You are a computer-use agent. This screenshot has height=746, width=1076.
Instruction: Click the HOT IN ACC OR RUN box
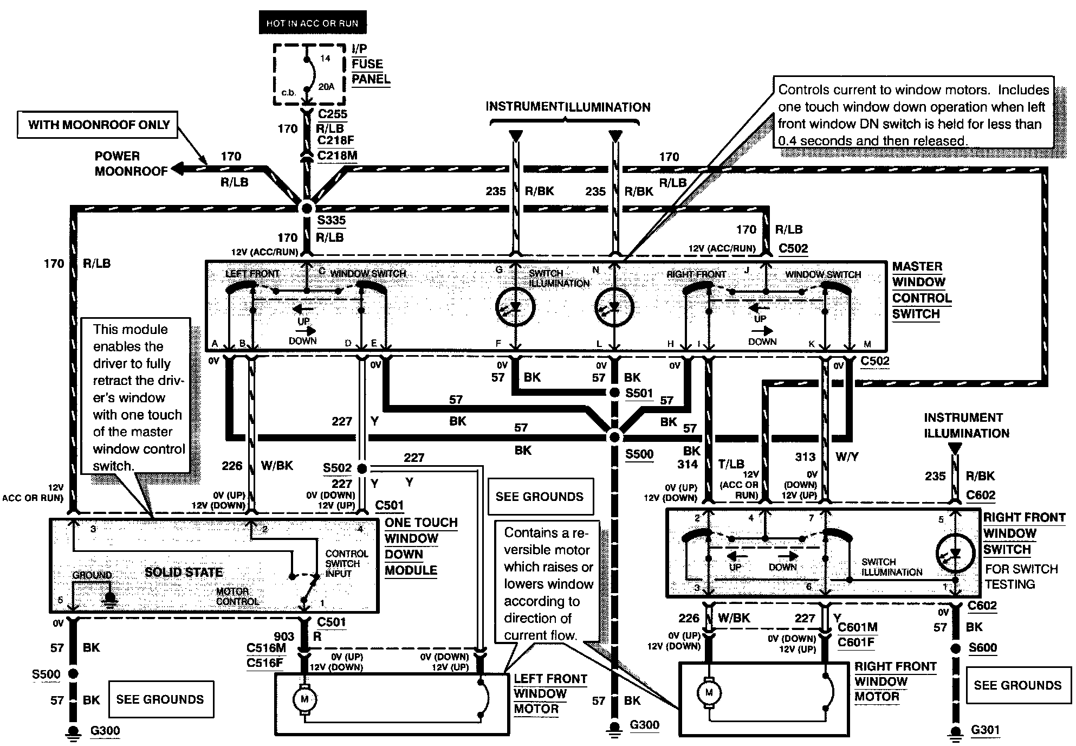click(x=312, y=23)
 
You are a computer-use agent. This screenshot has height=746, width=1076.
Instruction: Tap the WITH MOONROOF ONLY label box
click(x=99, y=125)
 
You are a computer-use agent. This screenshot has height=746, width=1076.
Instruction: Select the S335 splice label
click(x=331, y=220)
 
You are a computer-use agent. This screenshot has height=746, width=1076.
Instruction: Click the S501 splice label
click(x=639, y=393)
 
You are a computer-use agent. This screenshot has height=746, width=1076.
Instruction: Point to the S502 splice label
click(x=338, y=468)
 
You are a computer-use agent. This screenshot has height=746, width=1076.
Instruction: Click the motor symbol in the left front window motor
click(x=304, y=699)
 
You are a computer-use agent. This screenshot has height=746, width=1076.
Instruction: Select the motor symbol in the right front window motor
click(x=709, y=692)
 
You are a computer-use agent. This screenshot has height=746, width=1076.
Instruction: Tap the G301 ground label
click(x=985, y=730)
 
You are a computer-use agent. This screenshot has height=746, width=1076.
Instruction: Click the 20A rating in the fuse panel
click(x=326, y=87)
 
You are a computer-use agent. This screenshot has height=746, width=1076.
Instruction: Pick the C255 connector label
click(x=333, y=114)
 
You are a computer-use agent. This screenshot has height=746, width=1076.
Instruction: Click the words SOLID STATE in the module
click(x=184, y=572)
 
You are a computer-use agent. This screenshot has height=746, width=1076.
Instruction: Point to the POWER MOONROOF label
click(x=131, y=164)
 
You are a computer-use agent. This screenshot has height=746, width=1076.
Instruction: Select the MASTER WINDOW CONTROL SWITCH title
click(x=922, y=290)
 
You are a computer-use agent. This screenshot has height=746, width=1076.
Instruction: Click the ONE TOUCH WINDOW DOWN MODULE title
click(x=421, y=546)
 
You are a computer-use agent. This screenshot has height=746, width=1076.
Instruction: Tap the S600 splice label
click(x=983, y=647)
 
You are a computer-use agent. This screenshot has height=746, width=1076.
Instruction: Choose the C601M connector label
click(x=858, y=627)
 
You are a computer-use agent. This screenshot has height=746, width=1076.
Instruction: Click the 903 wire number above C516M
click(x=284, y=636)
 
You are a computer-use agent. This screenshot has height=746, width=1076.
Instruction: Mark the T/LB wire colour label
click(x=731, y=464)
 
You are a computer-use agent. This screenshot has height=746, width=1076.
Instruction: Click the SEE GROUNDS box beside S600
click(x=1017, y=685)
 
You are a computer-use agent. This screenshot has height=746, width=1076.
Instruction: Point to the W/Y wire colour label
click(x=847, y=456)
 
